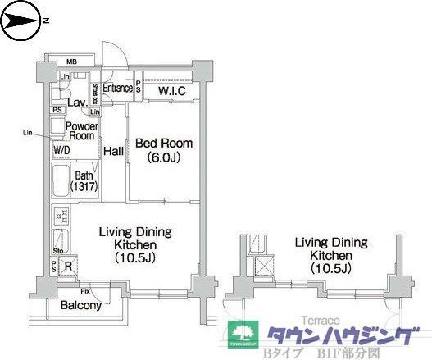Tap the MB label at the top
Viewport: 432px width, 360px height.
pyautogui.click(x=71, y=62)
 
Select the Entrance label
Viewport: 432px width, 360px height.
pyautogui.click(x=117, y=89)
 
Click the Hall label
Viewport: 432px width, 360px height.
pyautogui.click(x=113, y=151)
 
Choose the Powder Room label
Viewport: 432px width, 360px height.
pyautogui.click(x=82, y=131)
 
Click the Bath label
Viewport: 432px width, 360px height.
pyautogui.click(x=84, y=175)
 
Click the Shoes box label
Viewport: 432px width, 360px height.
pyautogui.click(x=96, y=89)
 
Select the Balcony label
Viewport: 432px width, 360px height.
pyautogui.click(x=81, y=306)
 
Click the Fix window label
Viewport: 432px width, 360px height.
pyautogui.click(x=85, y=291)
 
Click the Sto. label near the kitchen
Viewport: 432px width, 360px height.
pyautogui.click(x=58, y=251)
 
